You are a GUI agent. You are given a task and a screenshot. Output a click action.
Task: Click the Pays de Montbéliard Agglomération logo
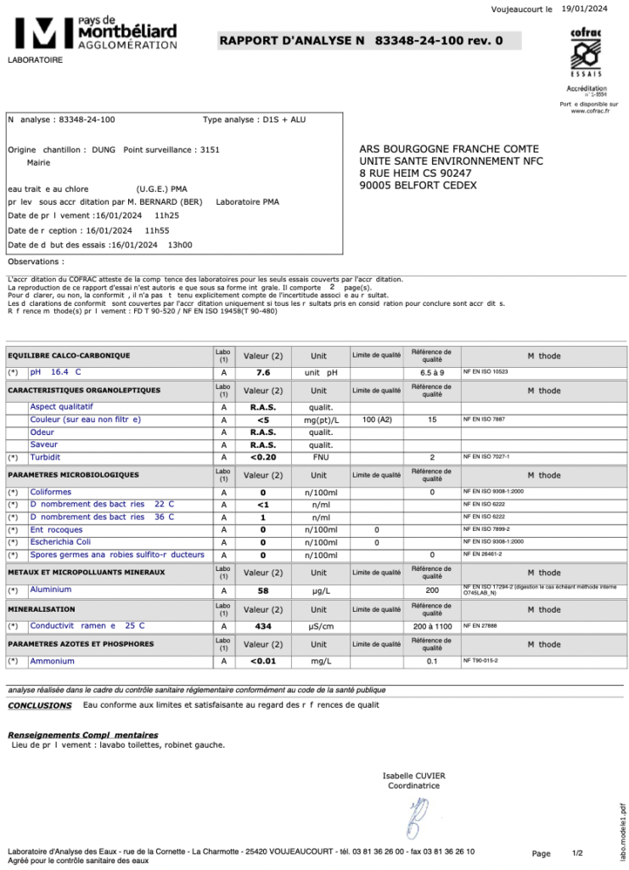[x=93, y=33]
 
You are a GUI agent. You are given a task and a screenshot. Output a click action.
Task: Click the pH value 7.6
[x=263, y=372]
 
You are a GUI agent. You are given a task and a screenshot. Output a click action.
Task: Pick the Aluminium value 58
[x=263, y=590]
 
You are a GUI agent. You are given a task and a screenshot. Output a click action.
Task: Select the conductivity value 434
[x=263, y=626]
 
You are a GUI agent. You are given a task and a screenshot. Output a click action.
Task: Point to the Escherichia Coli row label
[x=62, y=542]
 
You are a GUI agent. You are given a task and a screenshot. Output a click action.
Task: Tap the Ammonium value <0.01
[x=263, y=661]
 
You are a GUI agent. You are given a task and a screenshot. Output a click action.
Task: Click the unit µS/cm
[x=319, y=626]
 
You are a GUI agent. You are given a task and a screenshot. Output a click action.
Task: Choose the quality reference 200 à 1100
[x=432, y=626]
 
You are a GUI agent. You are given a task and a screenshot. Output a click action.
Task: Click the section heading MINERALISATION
[x=42, y=609]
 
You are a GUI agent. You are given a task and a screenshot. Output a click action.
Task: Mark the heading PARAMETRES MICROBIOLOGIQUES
[x=73, y=475]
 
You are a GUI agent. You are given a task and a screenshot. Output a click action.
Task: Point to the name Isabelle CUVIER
[x=413, y=776]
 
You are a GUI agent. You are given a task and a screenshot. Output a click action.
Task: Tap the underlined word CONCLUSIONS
[x=40, y=705]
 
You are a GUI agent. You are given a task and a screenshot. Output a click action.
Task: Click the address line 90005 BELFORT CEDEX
[x=418, y=185]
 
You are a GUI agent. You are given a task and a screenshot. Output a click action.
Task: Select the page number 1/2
[x=578, y=853]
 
